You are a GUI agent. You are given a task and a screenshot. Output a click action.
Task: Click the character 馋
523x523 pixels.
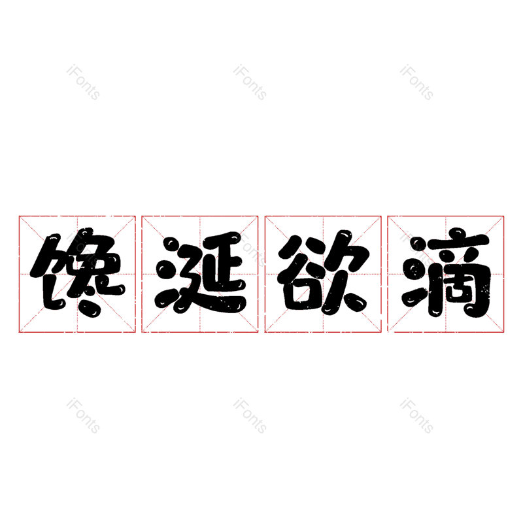click(x=78, y=272)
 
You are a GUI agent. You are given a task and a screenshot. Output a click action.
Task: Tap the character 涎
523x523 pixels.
click(x=201, y=273)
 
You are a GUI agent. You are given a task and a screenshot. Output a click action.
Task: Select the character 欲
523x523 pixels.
click(x=324, y=272)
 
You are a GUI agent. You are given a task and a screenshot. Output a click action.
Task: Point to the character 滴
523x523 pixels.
click(x=446, y=272)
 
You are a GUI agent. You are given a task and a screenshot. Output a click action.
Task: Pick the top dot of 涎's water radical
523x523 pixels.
click(x=172, y=245)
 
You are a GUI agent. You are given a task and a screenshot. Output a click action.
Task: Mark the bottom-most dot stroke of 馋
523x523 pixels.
click(x=90, y=309)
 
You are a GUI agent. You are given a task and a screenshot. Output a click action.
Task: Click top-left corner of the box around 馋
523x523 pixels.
click(x=19, y=216)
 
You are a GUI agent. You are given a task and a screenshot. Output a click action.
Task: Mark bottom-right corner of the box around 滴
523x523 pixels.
click(x=504, y=333)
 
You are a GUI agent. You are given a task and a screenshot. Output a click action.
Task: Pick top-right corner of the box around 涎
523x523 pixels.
click(x=258, y=216)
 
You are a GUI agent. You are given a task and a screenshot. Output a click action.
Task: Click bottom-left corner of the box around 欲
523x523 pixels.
click(x=265, y=333)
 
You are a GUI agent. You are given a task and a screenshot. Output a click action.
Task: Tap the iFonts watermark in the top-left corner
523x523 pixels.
click(x=83, y=82)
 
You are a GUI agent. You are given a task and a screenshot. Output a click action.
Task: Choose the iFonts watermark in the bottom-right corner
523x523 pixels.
click(x=416, y=416)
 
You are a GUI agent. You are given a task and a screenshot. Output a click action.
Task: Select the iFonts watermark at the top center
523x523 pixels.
click(x=250, y=82)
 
